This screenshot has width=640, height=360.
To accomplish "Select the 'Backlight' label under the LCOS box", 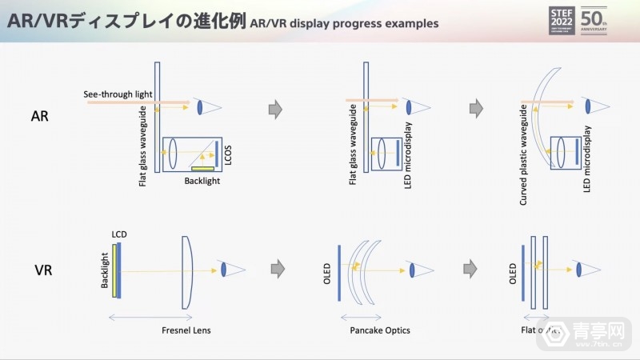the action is tap(202, 182).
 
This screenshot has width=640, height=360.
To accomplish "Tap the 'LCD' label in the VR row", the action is tap(120, 234).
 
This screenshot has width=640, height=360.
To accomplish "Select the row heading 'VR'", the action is tap(43, 270).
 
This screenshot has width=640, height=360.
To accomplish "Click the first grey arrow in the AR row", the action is tap(275, 110).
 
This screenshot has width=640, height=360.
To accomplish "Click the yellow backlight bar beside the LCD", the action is tap(114, 270).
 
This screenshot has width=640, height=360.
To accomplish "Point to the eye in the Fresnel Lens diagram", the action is tap(225, 270).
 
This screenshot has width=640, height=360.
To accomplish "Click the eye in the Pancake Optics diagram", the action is tap(412, 270).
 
